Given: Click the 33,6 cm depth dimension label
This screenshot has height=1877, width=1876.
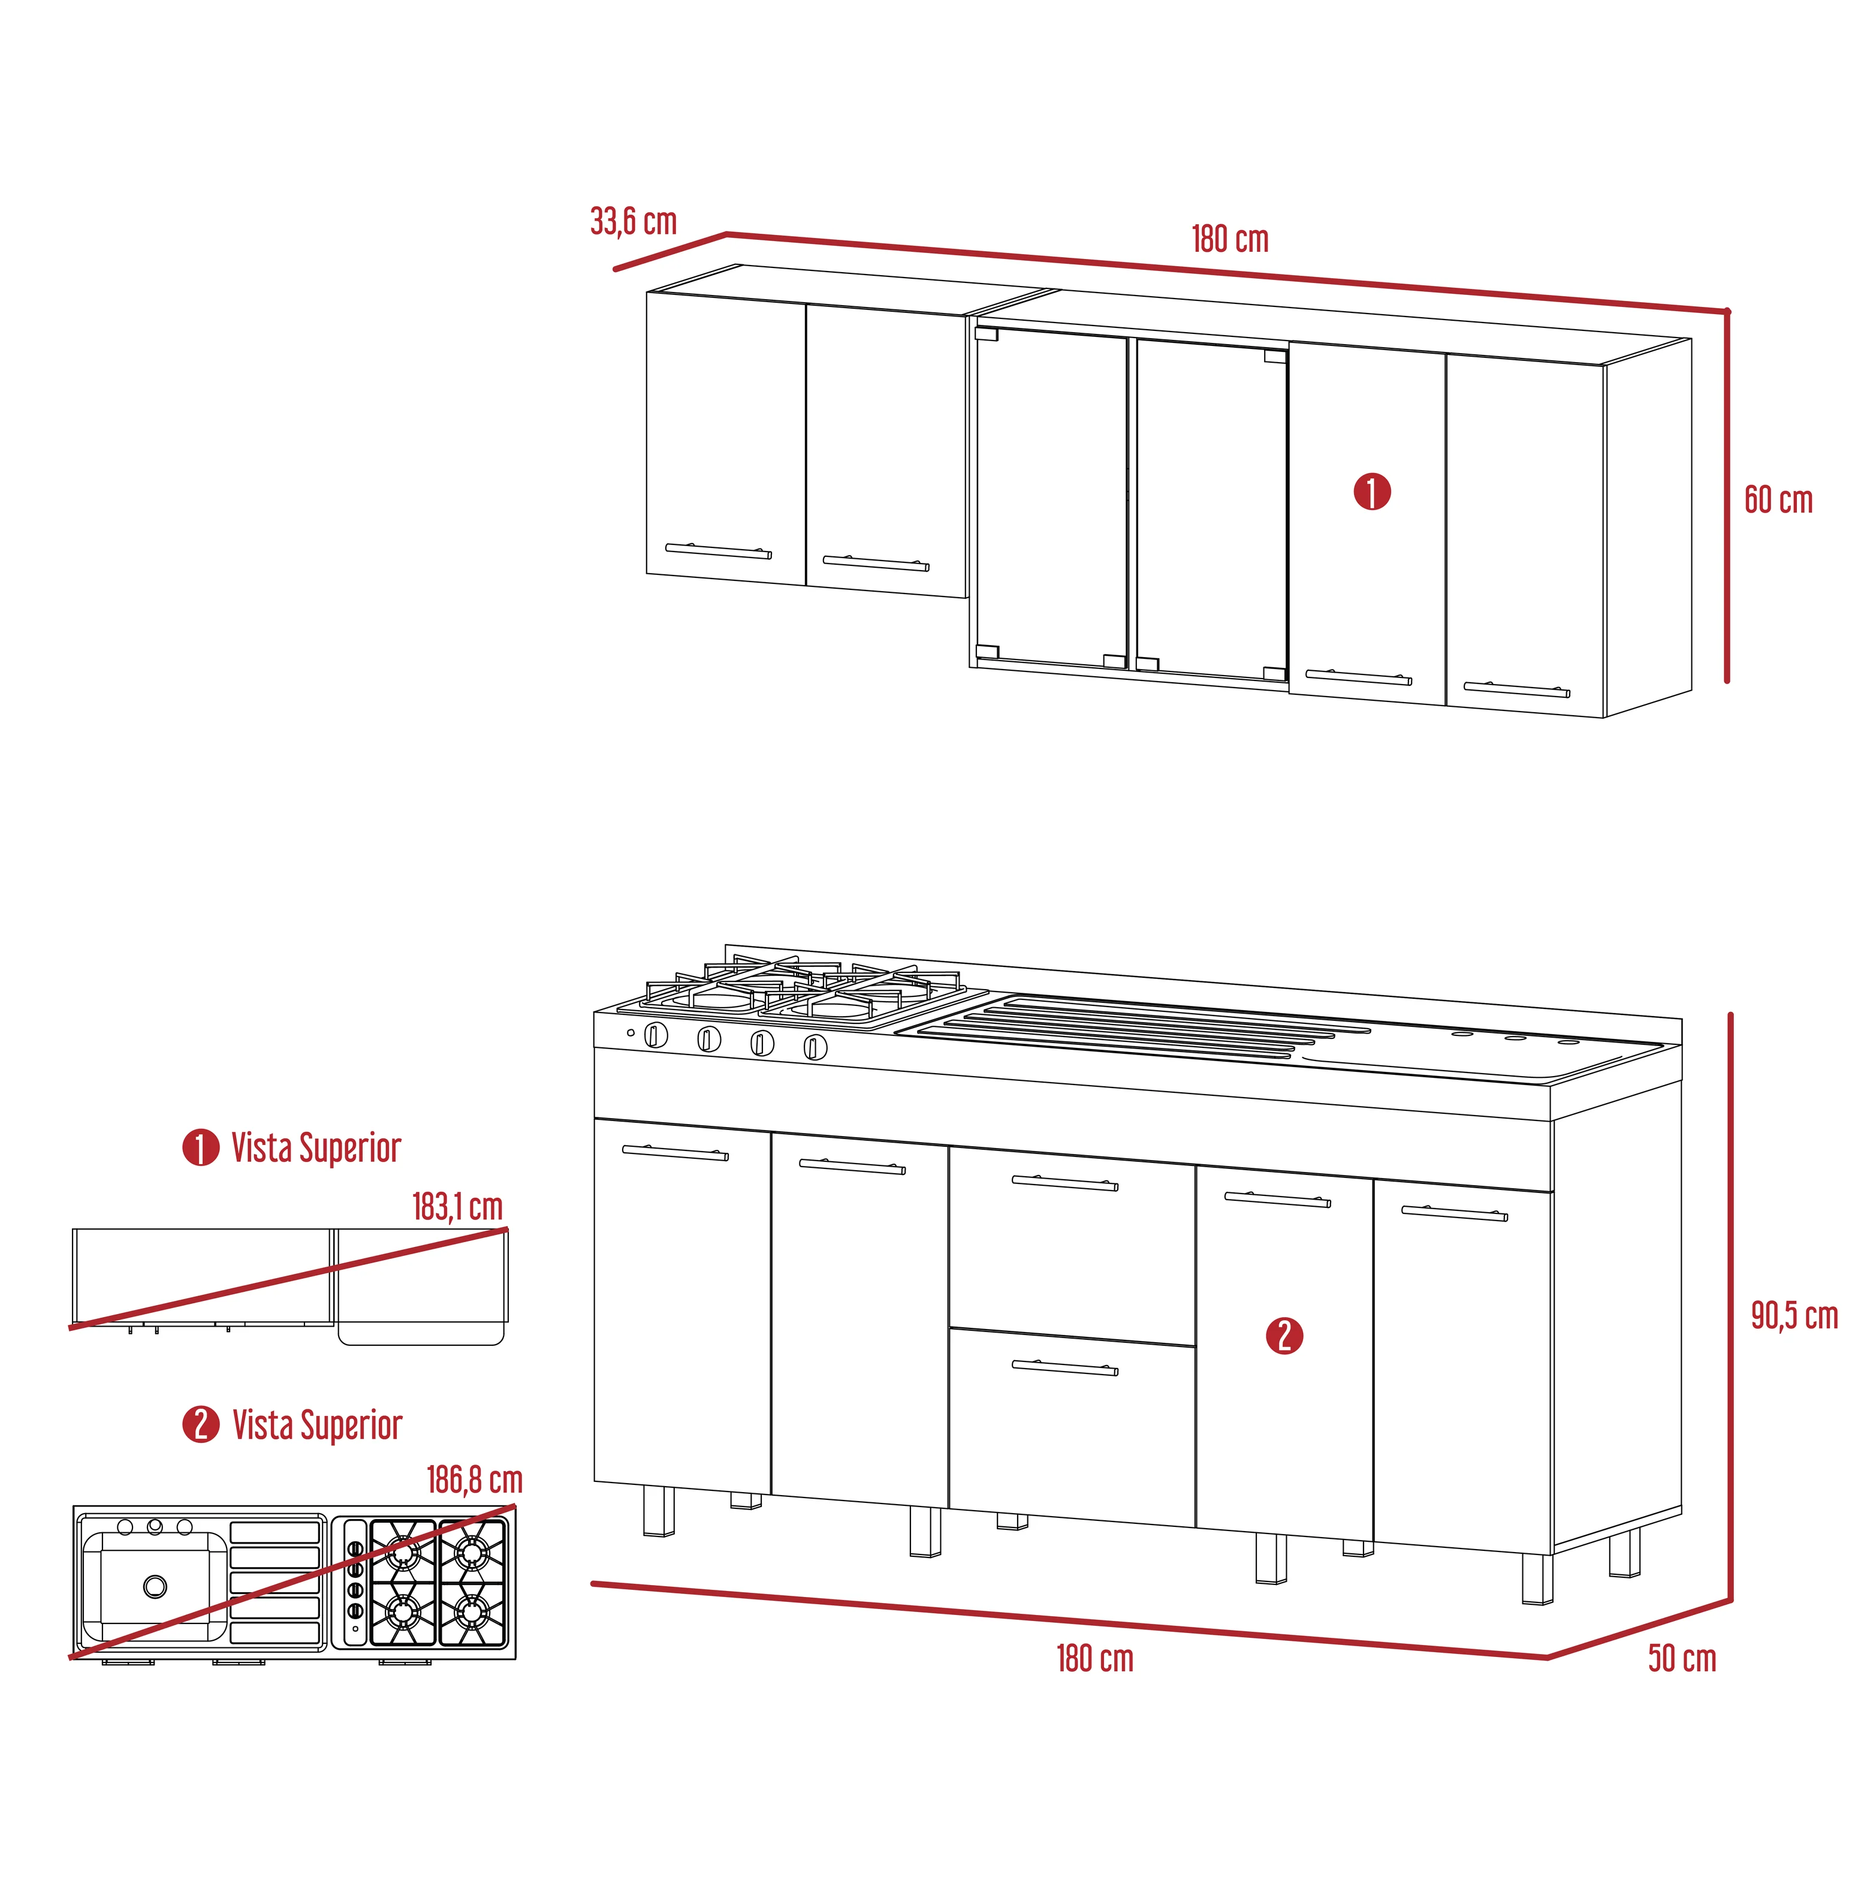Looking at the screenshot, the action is pos(634,221).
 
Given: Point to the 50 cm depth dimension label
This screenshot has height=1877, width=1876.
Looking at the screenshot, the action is pos(1682,1658).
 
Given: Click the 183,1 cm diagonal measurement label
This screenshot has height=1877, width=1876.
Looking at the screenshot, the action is pos(457,1207).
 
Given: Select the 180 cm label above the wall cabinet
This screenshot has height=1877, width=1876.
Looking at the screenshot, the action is pos(1230,239).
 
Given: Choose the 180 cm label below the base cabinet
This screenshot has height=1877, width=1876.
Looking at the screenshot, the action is pos(1095,1658).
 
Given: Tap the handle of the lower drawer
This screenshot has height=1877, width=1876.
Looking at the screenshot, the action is pos(1065,1368).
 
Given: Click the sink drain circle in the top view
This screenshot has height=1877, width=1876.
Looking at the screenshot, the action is pos(155,1586).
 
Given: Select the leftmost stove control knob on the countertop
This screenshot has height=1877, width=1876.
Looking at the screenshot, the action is pos(657,1036).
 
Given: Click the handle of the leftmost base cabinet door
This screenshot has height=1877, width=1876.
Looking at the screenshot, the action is pos(675,1152).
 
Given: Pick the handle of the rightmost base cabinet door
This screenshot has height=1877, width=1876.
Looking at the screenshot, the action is pos(1455,1213).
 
